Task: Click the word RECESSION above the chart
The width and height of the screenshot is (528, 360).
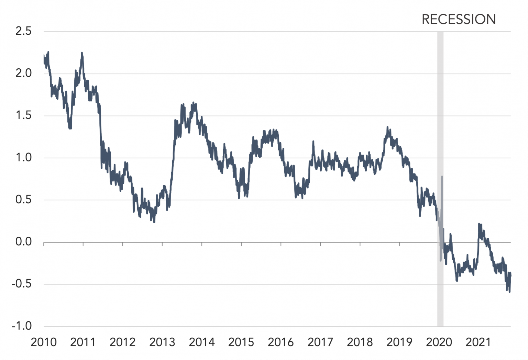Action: click(459, 20)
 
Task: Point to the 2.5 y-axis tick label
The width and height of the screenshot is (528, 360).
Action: click(23, 31)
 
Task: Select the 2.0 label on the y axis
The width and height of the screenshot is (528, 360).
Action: click(23, 73)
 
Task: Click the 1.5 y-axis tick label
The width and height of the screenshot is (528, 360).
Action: click(23, 115)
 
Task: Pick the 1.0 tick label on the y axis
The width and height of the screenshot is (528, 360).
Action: click(23, 158)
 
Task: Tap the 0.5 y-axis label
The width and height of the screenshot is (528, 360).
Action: click(23, 200)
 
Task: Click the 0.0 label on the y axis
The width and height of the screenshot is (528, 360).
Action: click(23, 242)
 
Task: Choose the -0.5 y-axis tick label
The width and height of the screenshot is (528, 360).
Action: click(21, 284)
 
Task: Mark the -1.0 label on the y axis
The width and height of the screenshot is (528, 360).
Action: click(21, 326)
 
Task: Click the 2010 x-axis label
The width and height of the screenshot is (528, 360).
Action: click(44, 342)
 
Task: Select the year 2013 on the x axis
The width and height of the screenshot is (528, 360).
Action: click(162, 342)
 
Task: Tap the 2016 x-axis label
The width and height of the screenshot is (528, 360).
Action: click(281, 342)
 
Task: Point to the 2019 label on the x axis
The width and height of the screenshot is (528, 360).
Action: click(399, 342)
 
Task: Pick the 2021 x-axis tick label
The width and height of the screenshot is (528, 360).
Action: click(478, 342)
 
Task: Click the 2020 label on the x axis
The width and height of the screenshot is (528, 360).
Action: click(439, 342)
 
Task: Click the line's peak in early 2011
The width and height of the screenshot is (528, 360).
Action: click(82, 53)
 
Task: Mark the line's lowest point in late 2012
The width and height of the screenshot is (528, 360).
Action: click(154, 222)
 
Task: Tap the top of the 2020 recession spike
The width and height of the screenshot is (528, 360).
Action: click(442, 177)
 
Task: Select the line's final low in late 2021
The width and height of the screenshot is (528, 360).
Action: click(509, 292)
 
